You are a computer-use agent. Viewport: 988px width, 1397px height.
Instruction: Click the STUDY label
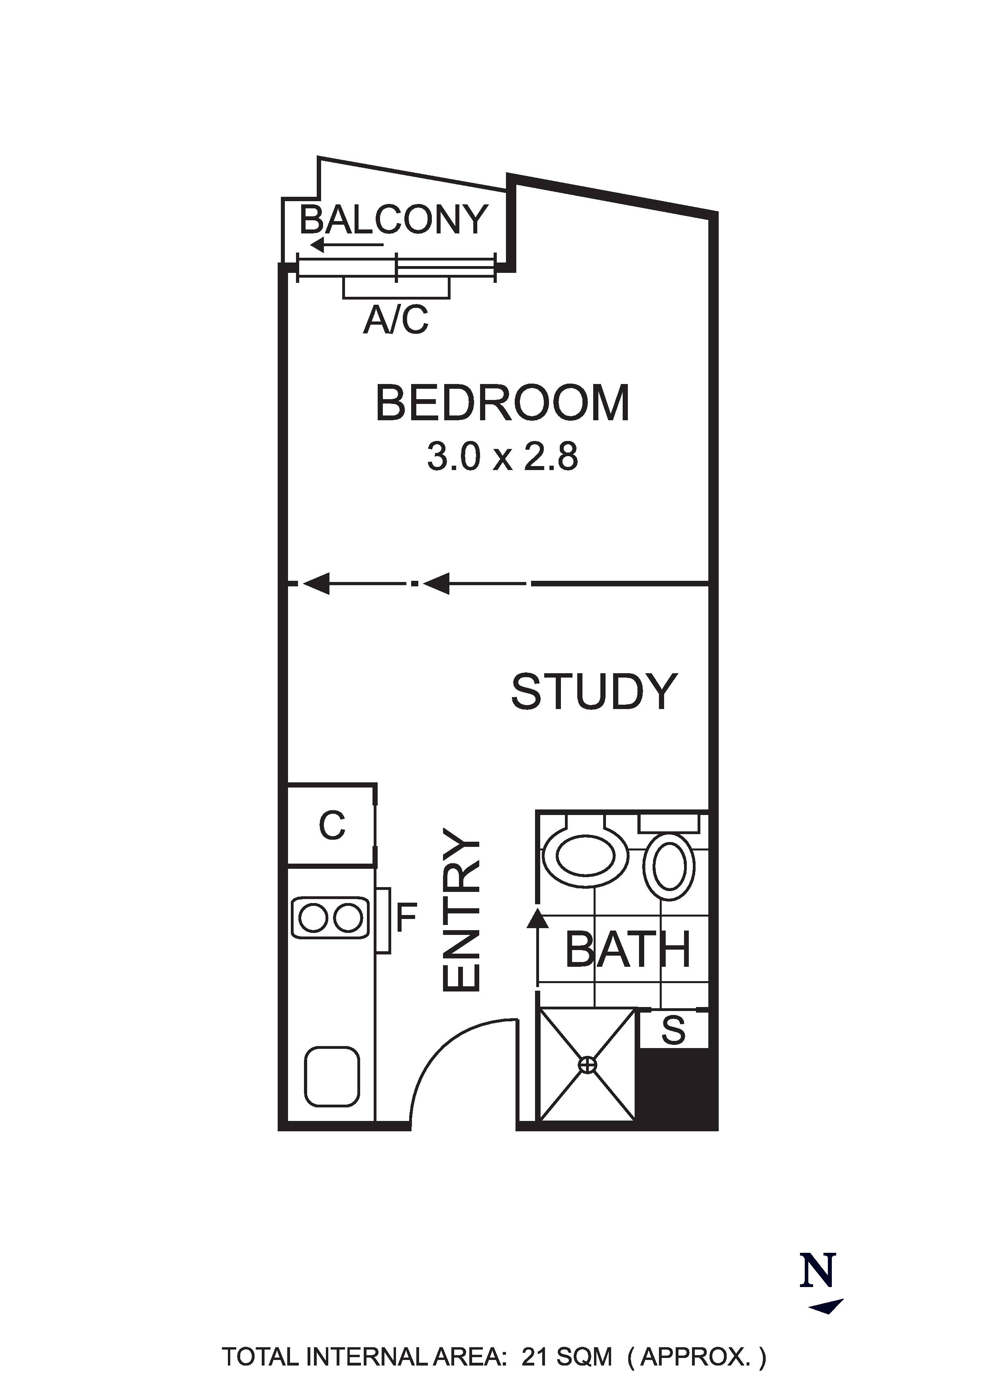pyautogui.click(x=594, y=692)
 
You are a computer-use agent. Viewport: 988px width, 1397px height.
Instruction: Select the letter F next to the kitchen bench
pyautogui.click(x=406, y=917)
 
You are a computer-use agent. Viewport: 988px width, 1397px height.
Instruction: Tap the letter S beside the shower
pyautogui.click(x=673, y=1029)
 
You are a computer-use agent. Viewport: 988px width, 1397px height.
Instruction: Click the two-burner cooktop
pyautogui.click(x=331, y=917)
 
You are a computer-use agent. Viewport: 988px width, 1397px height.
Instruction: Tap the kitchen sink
pyautogui.click(x=331, y=1077)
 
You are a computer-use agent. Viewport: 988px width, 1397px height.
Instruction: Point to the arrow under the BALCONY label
pyautogui.click(x=347, y=245)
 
